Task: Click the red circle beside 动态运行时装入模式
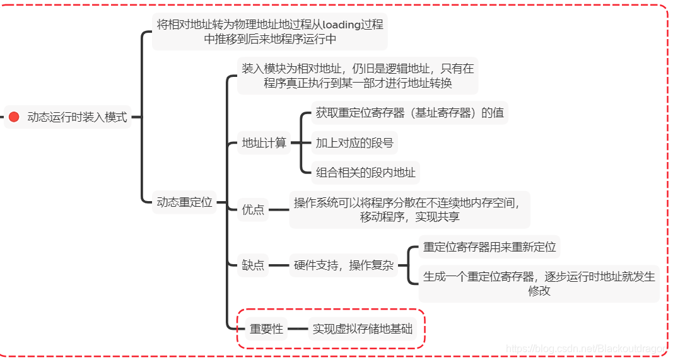pyautogui.click(x=14, y=117)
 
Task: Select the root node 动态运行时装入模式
pyautogui.click(x=77, y=117)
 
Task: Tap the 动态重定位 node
pyautogui.click(x=184, y=202)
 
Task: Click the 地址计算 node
pyautogui.click(x=264, y=143)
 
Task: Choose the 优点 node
pyautogui.click(x=253, y=209)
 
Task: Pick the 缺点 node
pyautogui.click(x=253, y=265)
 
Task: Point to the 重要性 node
pyautogui.click(x=266, y=328)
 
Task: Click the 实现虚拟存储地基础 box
pyautogui.click(x=363, y=328)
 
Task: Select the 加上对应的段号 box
pyautogui.click(x=354, y=143)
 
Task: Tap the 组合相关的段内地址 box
pyautogui.click(x=366, y=172)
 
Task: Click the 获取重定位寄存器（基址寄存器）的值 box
pyautogui.click(x=410, y=113)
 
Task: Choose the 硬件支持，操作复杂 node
pyautogui.click(x=344, y=265)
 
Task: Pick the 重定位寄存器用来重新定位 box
pyautogui.click(x=489, y=247)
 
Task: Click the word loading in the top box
pyautogui.click(x=341, y=25)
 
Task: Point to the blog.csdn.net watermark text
pyautogui.click(x=587, y=349)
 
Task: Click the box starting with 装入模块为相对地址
pyautogui.click(x=358, y=76)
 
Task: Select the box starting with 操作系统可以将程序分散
pyautogui.click(x=409, y=209)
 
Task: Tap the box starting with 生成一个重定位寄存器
pyautogui.click(x=539, y=283)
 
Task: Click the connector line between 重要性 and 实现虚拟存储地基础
pyautogui.click(x=298, y=328)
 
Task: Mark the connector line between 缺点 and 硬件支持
pyautogui.click(x=278, y=265)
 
